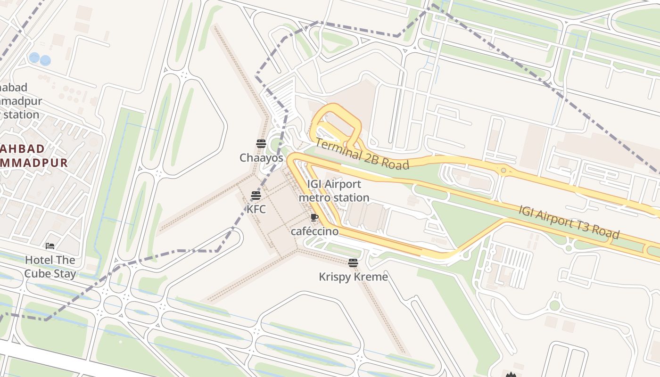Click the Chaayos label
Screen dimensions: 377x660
(x=261, y=158)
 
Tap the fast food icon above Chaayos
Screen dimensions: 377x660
(x=261, y=144)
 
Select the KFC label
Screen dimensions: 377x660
(x=256, y=209)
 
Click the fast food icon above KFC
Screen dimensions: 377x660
(x=256, y=195)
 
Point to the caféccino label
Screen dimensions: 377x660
(x=314, y=231)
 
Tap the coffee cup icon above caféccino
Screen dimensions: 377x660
(x=314, y=218)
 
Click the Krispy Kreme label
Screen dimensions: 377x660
(x=353, y=277)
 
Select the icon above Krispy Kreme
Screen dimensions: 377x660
(x=353, y=263)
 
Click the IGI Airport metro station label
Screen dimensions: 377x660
(x=334, y=191)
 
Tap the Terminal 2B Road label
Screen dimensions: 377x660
(x=362, y=154)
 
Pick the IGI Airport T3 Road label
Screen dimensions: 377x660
(x=569, y=222)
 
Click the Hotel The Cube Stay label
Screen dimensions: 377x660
(x=50, y=267)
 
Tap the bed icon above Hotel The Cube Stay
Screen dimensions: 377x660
(x=50, y=246)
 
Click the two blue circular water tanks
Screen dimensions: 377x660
(x=40, y=59)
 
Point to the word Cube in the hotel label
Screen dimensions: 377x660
(x=37, y=273)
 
